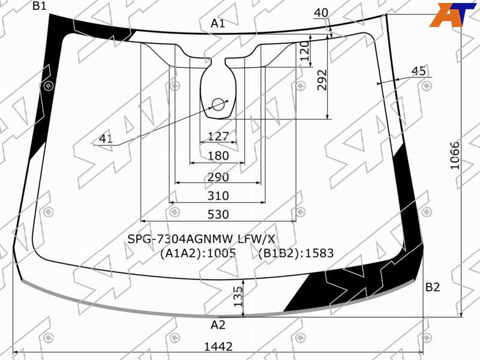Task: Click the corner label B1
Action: (39, 5)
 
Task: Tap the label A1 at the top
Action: (218, 23)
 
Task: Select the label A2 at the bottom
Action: (218, 325)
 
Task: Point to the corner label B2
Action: (433, 287)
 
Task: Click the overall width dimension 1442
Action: (218, 347)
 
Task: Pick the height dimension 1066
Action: (455, 155)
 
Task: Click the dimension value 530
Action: (218, 214)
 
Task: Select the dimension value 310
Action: (218, 196)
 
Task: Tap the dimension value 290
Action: (218, 177)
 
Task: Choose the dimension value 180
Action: (218, 156)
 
